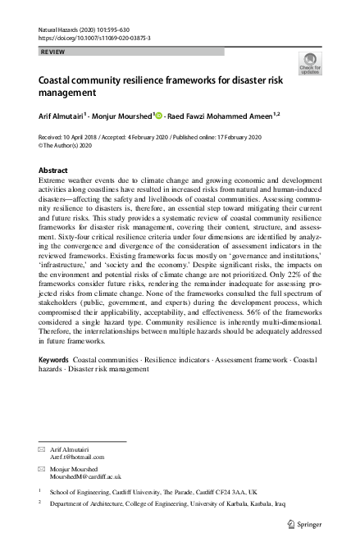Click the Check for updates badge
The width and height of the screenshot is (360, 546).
(312, 63)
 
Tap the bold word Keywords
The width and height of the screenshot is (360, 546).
(55, 360)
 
